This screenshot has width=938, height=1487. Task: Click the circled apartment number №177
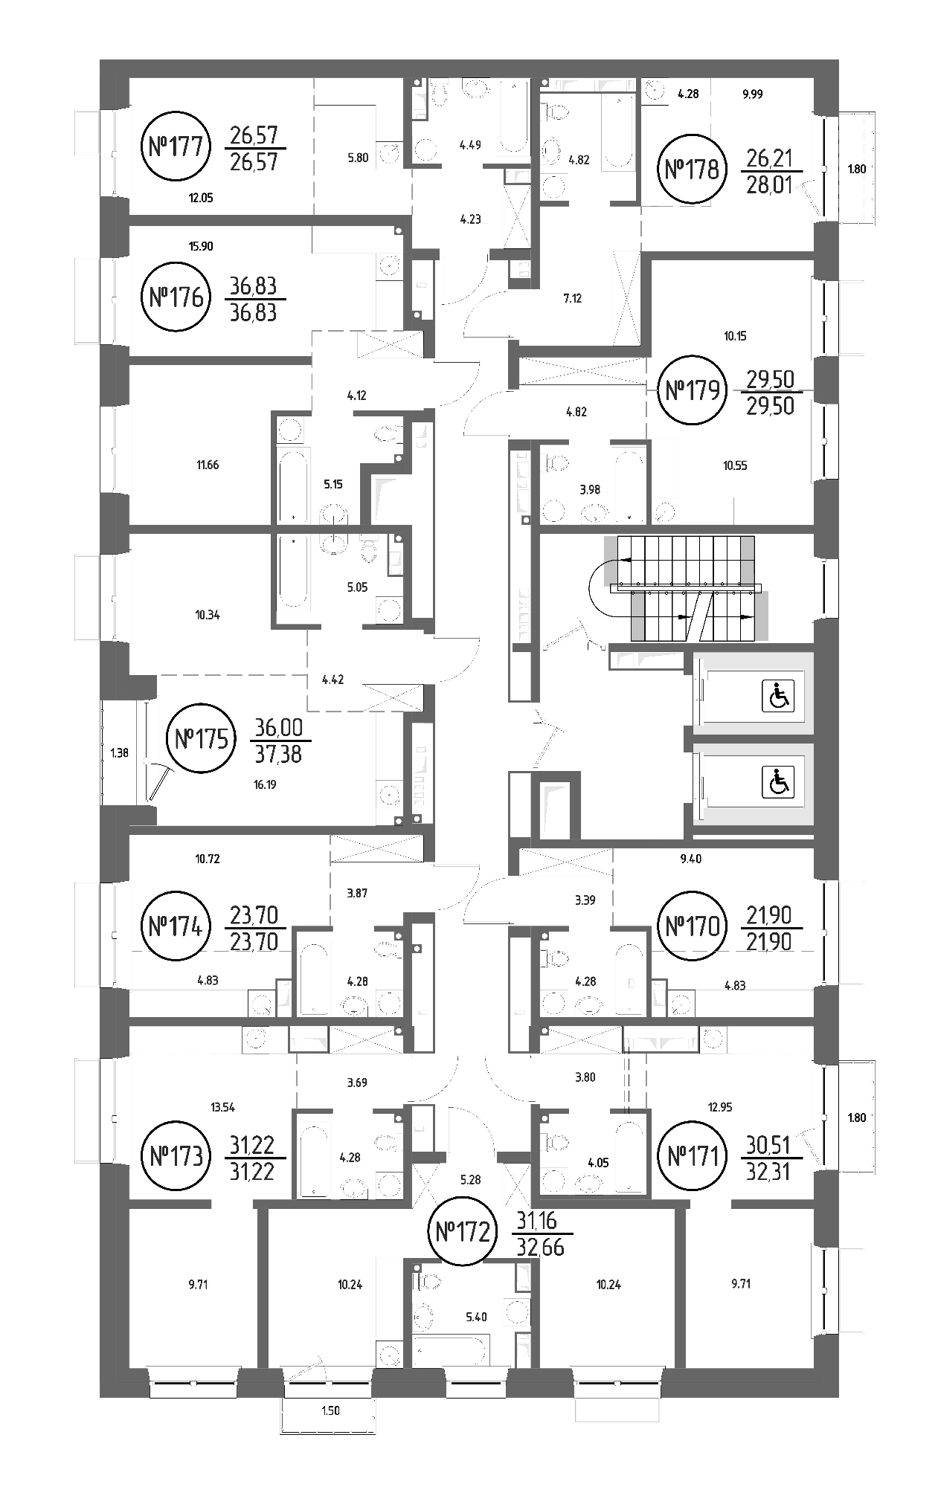tap(176, 146)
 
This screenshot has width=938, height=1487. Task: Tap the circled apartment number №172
tap(462, 1233)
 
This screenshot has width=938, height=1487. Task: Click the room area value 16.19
tap(264, 784)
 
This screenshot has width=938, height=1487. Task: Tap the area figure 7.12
tap(572, 299)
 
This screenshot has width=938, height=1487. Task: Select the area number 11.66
tap(208, 465)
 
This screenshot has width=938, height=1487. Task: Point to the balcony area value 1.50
tap(331, 1410)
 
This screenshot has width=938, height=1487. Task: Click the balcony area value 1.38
tap(119, 752)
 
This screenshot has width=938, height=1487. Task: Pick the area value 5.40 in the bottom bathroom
tap(476, 1317)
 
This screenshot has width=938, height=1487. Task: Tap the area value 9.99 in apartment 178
tap(753, 94)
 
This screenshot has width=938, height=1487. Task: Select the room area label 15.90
tap(201, 246)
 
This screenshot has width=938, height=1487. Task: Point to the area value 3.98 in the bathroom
tap(589, 489)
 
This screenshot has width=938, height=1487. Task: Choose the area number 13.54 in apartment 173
tap(222, 1107)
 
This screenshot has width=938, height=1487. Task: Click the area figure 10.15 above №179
tap(734, 336)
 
